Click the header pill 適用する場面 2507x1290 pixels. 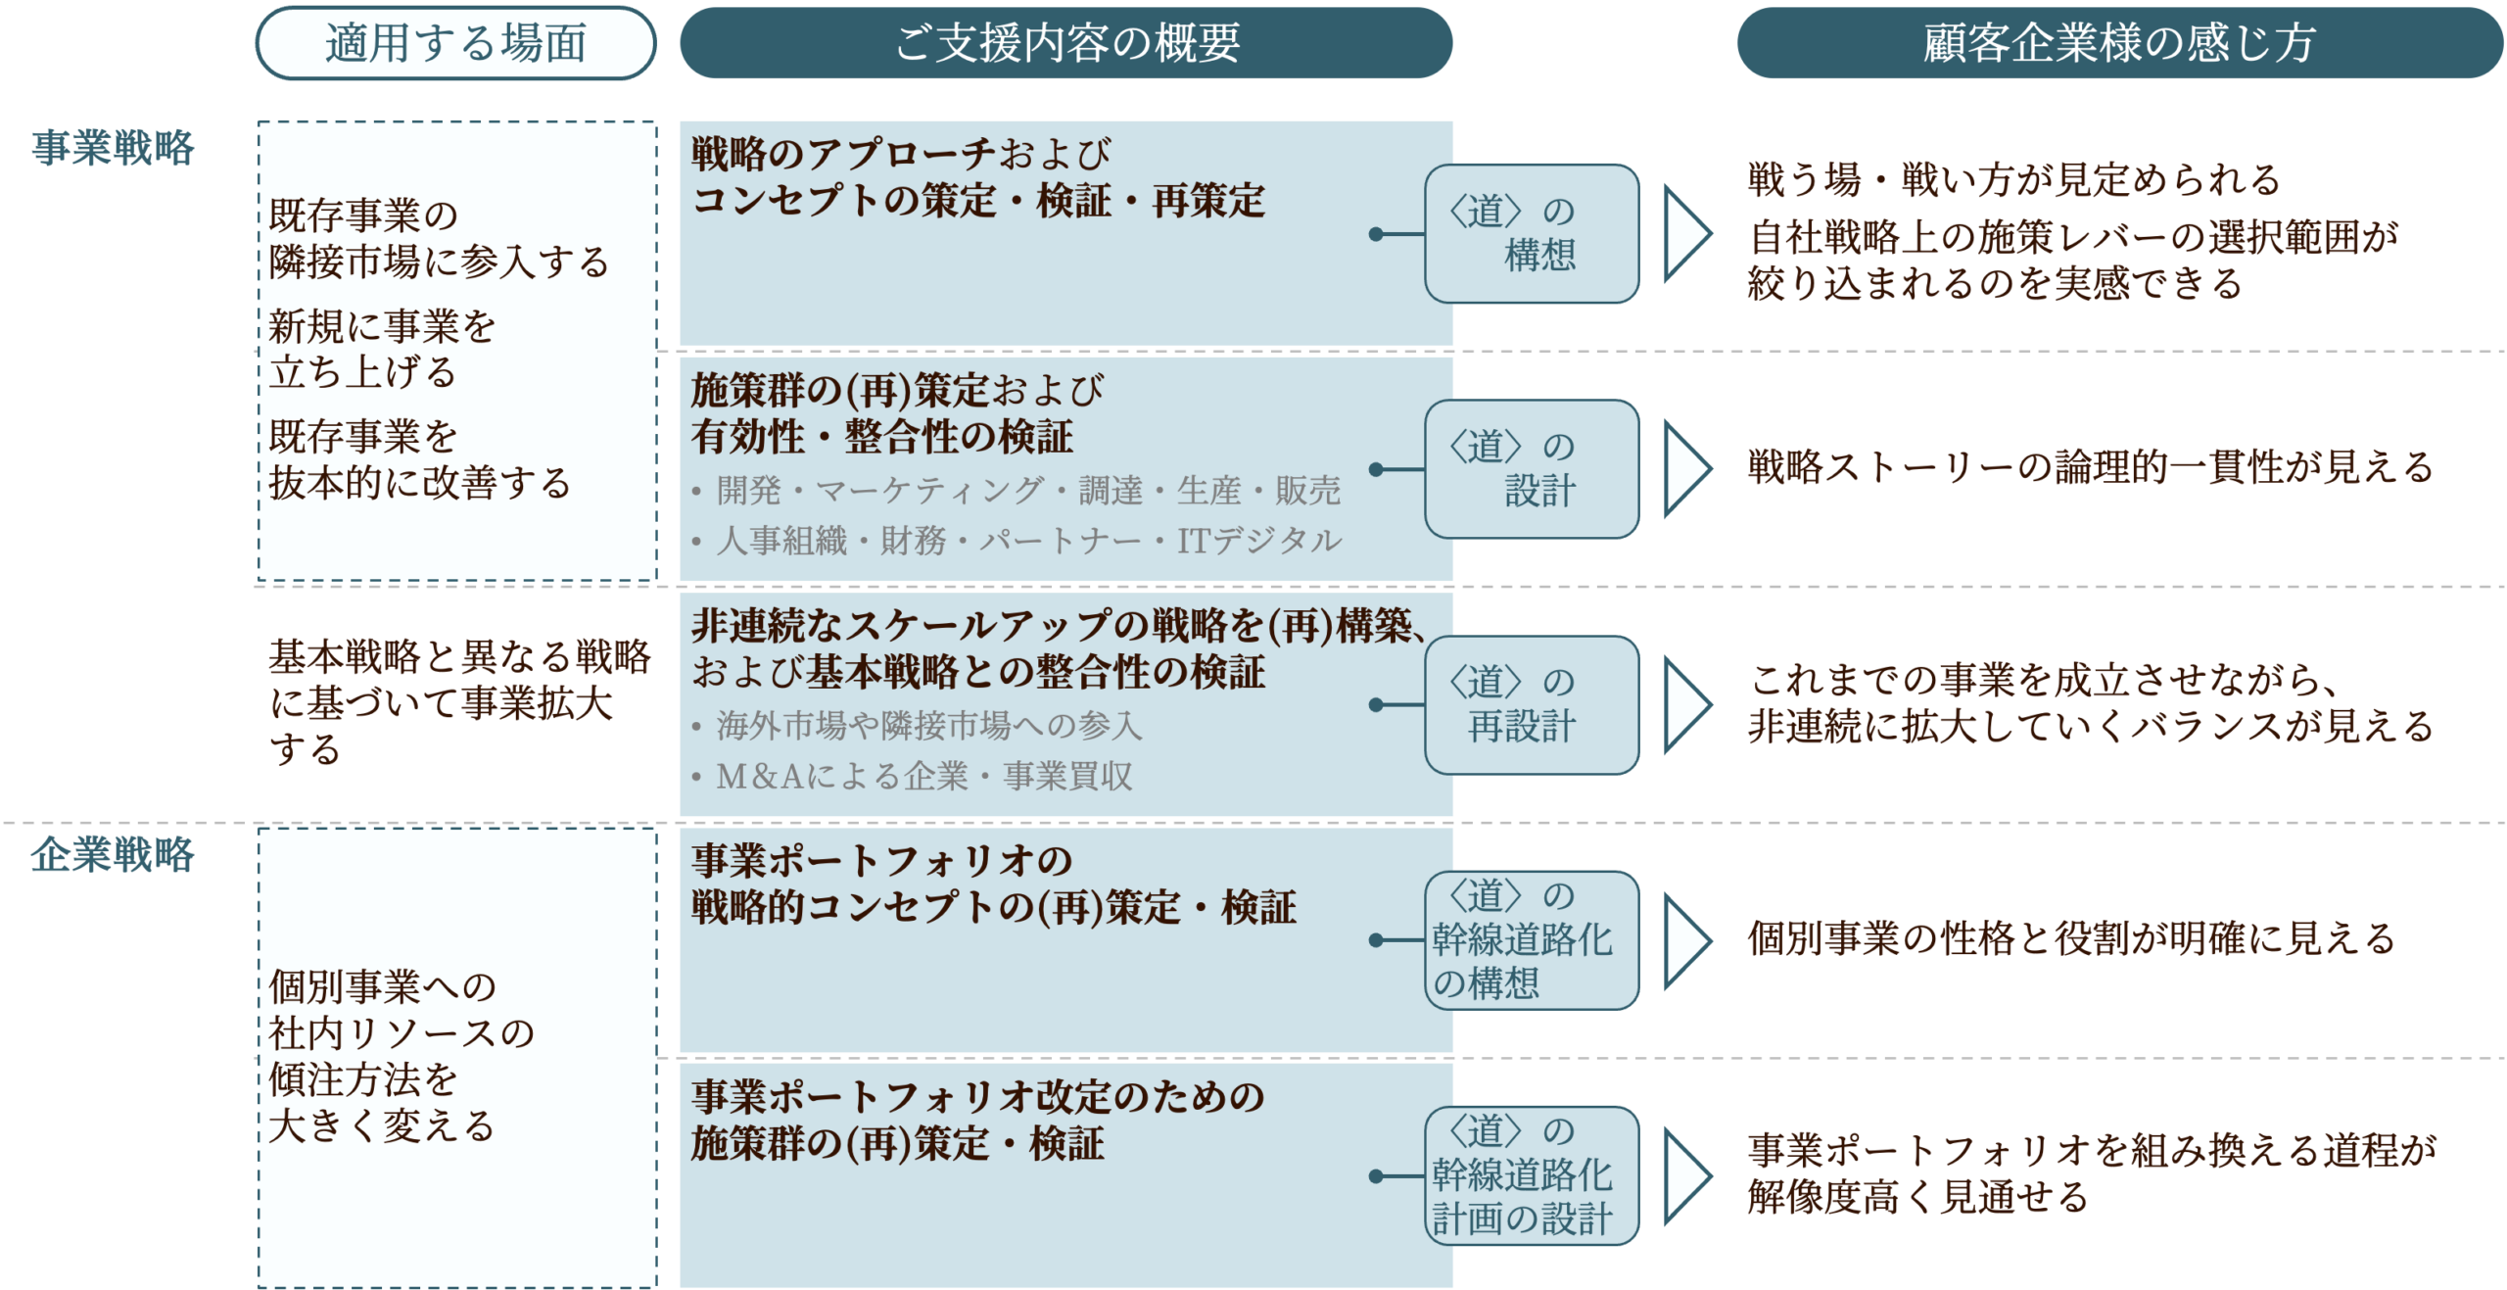(455, 43)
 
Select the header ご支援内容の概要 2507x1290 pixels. (1066, 43)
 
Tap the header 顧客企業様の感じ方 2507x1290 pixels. (2119, 43)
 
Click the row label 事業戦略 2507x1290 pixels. (114, 148)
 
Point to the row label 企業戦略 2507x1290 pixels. (114, 854)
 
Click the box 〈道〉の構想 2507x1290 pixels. (1532, 234)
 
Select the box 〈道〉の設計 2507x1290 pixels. (1532, 469)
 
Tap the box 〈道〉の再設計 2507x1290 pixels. (1532, 704)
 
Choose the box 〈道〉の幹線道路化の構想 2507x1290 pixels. (1532, 940)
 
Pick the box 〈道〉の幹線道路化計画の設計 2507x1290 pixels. (1532, 1175)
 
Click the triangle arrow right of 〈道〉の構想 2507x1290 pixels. (1686, 234)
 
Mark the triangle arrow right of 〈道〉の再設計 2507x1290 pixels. (1686, 704)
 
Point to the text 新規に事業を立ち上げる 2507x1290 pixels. (382, 350)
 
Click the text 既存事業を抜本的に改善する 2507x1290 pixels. (419, 459)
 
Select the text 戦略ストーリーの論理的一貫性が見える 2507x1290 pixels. (2090, 468)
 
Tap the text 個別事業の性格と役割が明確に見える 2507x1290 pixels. (2070, 939)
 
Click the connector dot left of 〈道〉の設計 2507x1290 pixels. (1376, 469)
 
